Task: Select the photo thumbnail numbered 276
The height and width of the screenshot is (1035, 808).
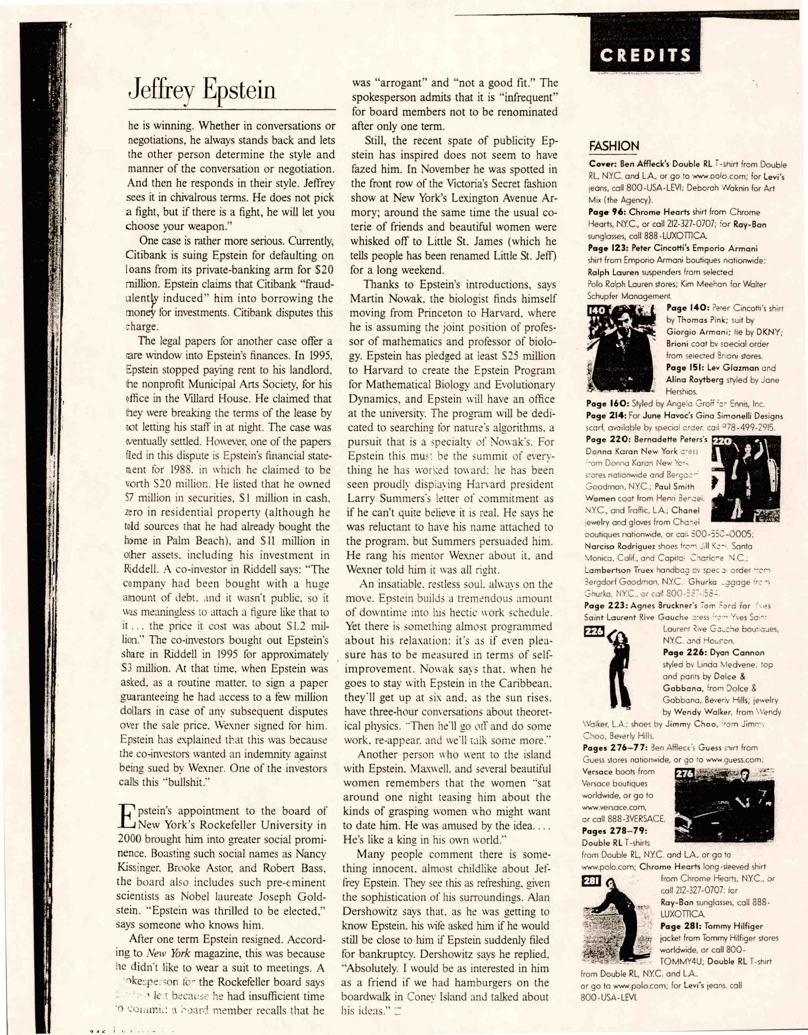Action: [x=724, y=804]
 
